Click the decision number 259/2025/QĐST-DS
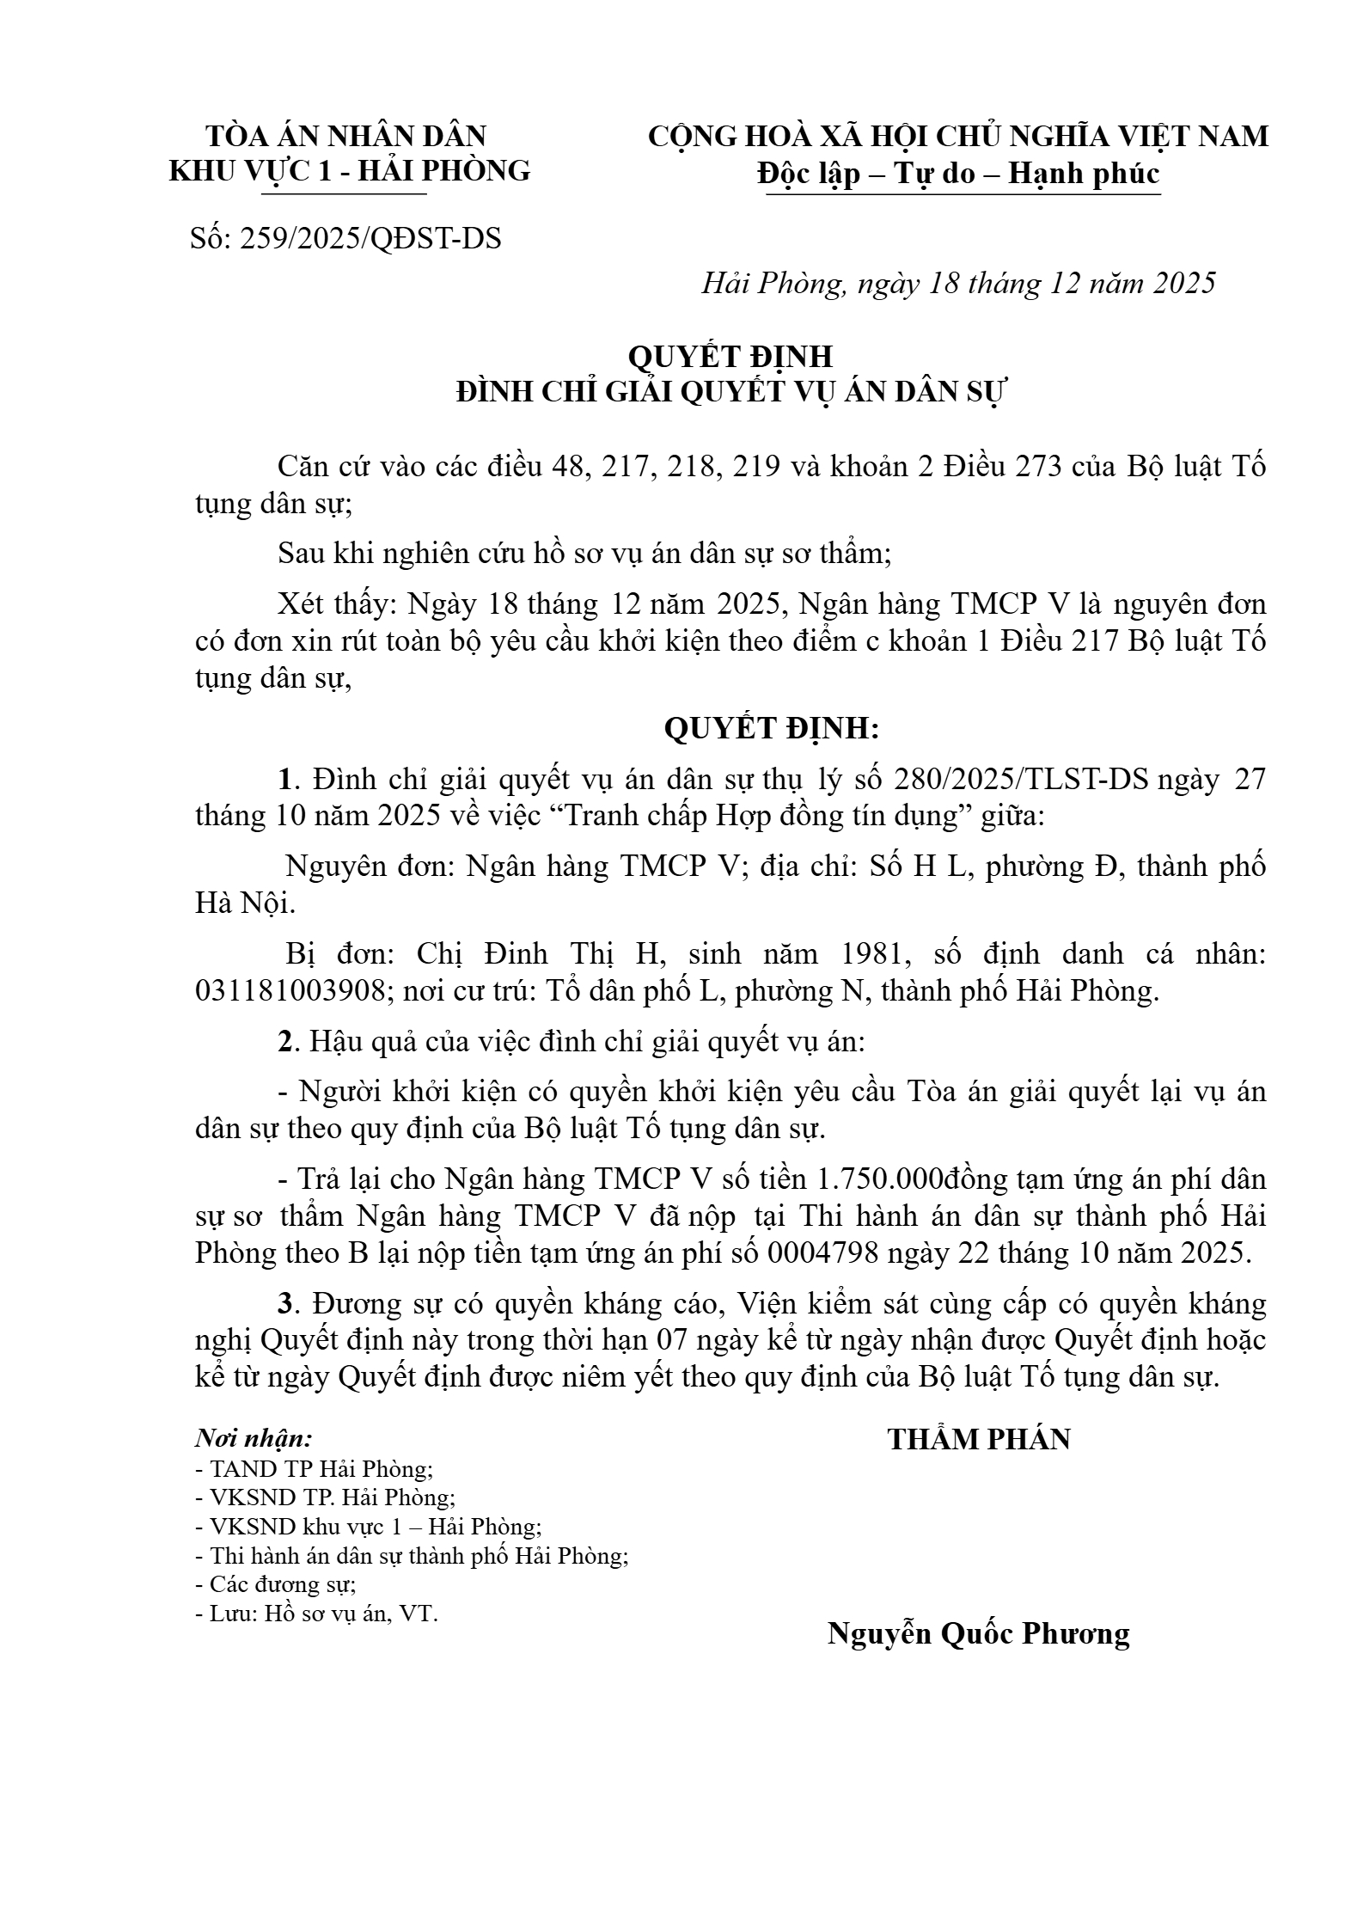click(370, 238)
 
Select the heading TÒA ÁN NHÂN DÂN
click(346, 136)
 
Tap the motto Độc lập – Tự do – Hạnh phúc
click(958, 174)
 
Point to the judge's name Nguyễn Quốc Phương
click(978, 1633)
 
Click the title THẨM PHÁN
click(979, 1439)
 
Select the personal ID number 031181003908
click(290, 991)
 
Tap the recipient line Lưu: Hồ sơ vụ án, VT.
click(317, 1614)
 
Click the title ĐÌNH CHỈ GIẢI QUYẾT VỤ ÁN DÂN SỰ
click(730, 392)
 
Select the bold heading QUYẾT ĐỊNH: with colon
click(772, 729)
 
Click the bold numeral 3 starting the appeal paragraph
click(285, 1304)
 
